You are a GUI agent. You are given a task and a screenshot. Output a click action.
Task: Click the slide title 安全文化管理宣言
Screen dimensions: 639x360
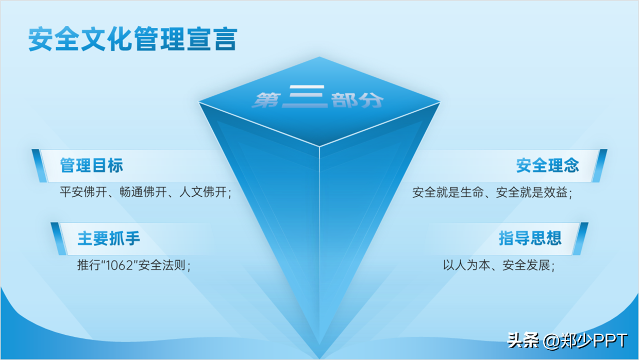tap(133, 39)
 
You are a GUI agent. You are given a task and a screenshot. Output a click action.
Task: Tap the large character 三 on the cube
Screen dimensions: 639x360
tap(305, 96)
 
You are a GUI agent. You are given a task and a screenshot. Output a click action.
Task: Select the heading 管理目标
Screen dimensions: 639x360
tap(92, 165)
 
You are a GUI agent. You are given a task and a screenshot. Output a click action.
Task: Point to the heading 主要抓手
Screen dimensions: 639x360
tap(109, 238)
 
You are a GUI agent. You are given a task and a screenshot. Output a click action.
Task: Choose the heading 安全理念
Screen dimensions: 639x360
tap(548, 165)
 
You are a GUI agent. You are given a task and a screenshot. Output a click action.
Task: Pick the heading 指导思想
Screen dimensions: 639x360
tap(530, 238)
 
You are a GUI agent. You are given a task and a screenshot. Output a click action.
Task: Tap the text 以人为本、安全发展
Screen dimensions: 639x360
tap(496, 265)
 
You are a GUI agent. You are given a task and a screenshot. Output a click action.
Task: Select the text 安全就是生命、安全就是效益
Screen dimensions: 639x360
tap(490, 193)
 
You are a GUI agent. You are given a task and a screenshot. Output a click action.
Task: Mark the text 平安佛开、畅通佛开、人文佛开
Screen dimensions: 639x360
tap(143, 192)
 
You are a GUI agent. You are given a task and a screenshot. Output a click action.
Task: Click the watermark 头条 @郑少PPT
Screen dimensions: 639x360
tap(567, 340)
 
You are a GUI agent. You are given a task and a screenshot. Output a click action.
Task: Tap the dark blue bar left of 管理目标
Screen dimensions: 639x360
tap(39, 166)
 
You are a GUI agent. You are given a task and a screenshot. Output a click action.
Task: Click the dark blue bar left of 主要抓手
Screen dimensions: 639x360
tap(59, 238)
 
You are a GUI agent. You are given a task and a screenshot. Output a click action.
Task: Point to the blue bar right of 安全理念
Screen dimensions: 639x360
tap(599, 166)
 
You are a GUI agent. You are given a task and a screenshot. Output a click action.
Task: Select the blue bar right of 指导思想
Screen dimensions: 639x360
tap(580, 238)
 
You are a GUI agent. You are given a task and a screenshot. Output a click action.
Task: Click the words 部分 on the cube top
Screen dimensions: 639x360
tap(358, 100)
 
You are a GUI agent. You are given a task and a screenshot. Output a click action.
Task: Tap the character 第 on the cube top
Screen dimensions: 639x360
tap(266, 100)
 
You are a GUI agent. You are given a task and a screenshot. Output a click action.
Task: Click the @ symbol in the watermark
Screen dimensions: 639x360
tap(552, 341)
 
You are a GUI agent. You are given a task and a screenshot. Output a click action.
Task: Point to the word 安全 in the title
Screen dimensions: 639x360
tap(53, 39)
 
